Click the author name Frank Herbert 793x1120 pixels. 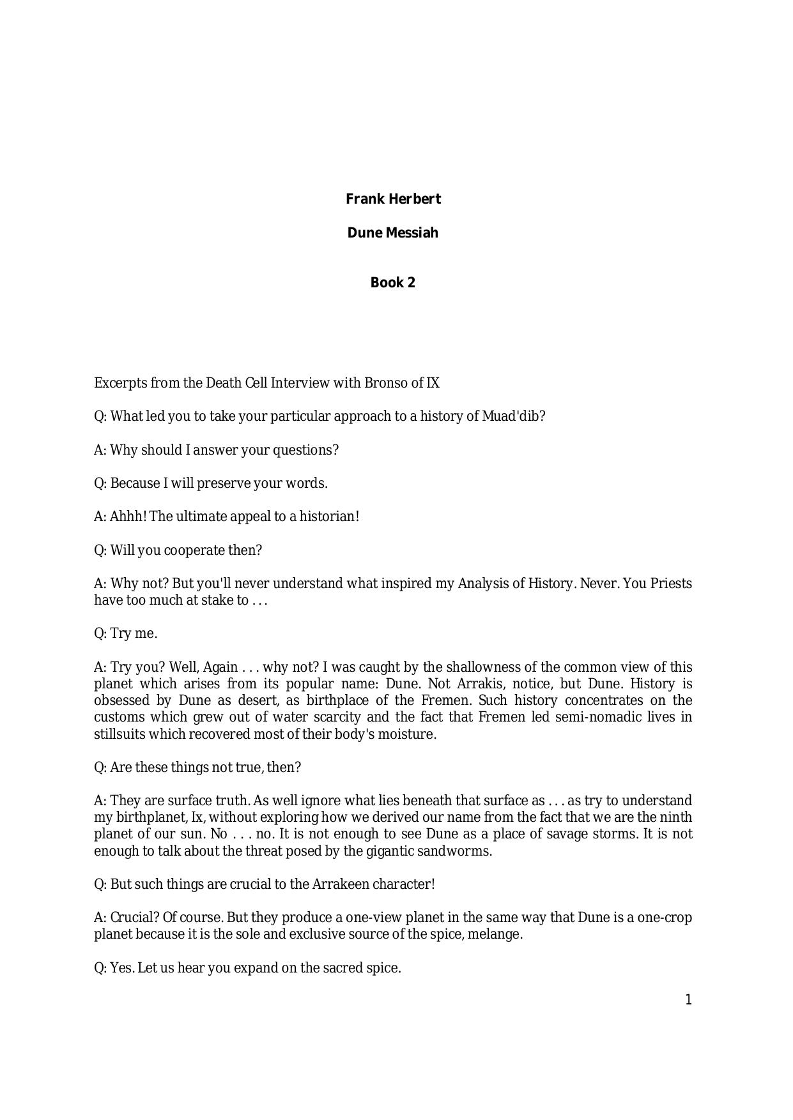click(393, 199)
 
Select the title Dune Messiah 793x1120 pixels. click(393, 233)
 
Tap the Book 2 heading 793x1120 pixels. click(393, 283)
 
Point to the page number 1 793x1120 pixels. click(688, 1000)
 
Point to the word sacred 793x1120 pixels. click(331, 968)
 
